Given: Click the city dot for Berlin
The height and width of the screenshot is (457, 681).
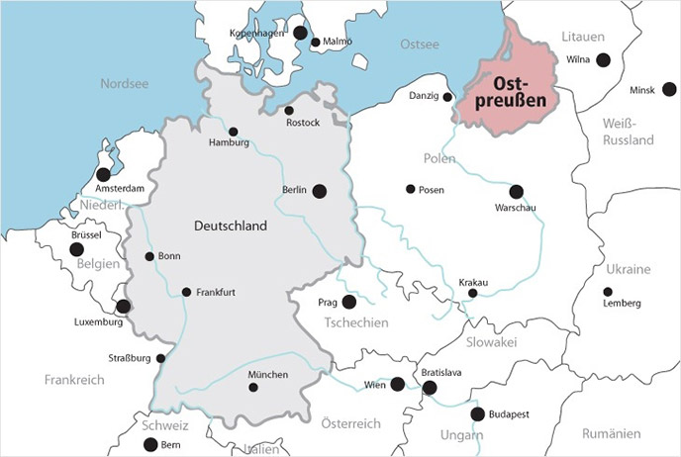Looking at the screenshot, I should [x=319, y=192].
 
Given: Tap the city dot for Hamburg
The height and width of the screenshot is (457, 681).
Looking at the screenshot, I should [x=234, y=132].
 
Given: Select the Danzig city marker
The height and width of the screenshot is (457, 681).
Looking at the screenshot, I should [x=447, y=97].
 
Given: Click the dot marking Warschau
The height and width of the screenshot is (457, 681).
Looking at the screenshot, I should [x=516, y=192].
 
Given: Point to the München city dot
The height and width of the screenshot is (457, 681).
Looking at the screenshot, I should [x=252, y=388].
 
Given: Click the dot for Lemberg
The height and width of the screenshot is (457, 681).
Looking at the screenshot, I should [x=607, y=292].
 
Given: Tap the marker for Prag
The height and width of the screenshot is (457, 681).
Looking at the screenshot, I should [x=348, y=301].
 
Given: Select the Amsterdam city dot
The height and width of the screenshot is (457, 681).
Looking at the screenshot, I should [x=104, y=174].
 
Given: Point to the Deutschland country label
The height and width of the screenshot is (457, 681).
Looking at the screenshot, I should [x=231, y=227].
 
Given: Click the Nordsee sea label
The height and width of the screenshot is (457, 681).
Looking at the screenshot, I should [x=124, y=84].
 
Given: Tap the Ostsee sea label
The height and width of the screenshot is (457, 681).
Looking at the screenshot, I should [x=419, y=45].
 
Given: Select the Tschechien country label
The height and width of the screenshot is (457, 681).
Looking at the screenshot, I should [x=354, y=322].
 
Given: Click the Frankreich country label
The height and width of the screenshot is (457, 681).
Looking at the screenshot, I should [x=75, y=379].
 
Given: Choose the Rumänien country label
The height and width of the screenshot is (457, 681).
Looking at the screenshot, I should [x=611, y=433].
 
